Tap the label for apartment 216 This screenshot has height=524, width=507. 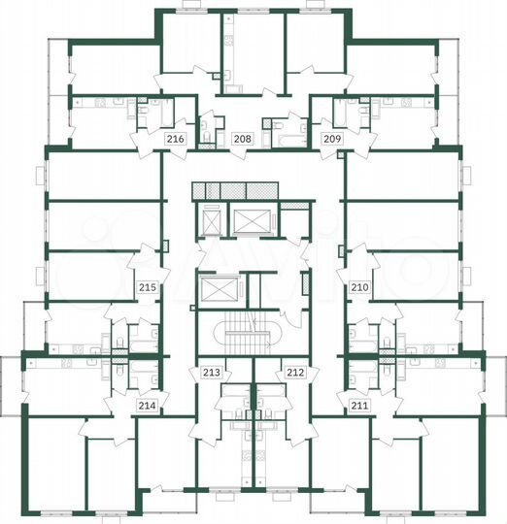176,140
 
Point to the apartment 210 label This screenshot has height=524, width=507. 359,287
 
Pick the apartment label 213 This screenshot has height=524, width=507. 211,372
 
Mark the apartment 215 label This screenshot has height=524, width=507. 147,287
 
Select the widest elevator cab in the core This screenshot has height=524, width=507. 249,224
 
